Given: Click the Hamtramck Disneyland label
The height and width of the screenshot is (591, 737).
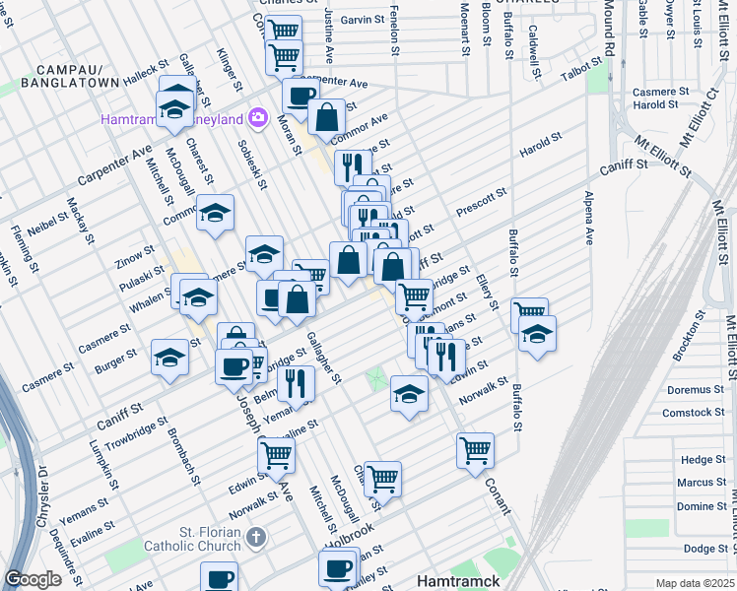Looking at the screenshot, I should tap(172, 119).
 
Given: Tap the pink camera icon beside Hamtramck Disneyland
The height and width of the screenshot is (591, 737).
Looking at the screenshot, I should tap(258, 118).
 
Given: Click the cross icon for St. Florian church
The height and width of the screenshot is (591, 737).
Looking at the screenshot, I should tap(256, 538).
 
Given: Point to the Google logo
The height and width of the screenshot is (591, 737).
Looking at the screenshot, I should tap(33, 579).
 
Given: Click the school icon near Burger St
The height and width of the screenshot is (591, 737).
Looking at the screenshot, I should tap(170, 358).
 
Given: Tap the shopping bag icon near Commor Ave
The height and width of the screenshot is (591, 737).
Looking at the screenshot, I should tap(326, 118).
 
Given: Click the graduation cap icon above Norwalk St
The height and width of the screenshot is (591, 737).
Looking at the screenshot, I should tap(409, 394).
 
